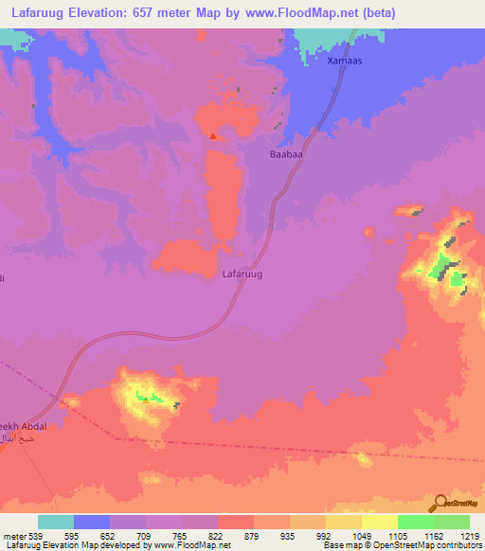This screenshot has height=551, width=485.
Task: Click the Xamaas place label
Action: [x=345, y=62]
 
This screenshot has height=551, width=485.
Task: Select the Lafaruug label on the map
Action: [x=242, y=274]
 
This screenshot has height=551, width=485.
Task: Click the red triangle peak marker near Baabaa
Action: [x=214, y=136]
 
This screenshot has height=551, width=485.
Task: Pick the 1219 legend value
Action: [x=469, y=535]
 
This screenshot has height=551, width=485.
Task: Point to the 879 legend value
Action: [x=251, y=535]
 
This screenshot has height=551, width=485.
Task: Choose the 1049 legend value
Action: [x=359, y=535]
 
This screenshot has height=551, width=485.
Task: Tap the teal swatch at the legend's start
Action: [x=56, y=522]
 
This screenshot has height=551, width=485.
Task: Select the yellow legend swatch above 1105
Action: [x=379, y=522]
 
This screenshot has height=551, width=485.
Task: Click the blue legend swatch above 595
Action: [x=92, y=522]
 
